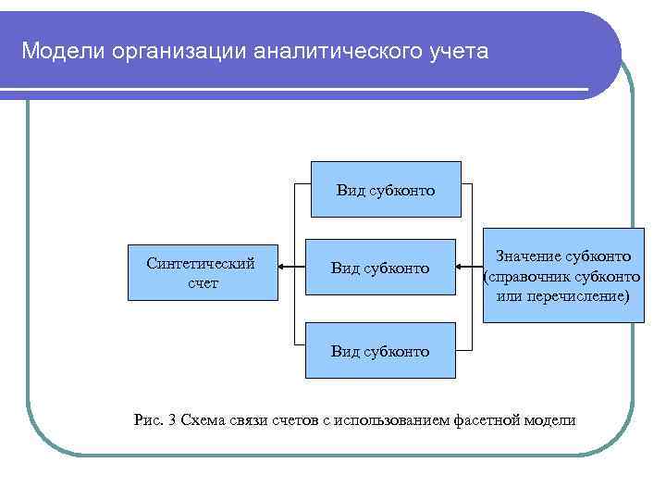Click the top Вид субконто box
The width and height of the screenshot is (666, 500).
386,190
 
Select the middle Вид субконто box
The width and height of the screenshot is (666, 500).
382,268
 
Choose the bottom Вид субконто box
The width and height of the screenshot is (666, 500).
381,351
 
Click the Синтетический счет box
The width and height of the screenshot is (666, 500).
202,273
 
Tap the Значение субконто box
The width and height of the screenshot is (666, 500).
563,274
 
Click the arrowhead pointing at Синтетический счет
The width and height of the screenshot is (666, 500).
284,268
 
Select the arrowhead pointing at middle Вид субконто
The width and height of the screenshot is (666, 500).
462,268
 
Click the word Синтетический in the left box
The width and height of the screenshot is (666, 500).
201,263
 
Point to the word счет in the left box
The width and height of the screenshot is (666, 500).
203,283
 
